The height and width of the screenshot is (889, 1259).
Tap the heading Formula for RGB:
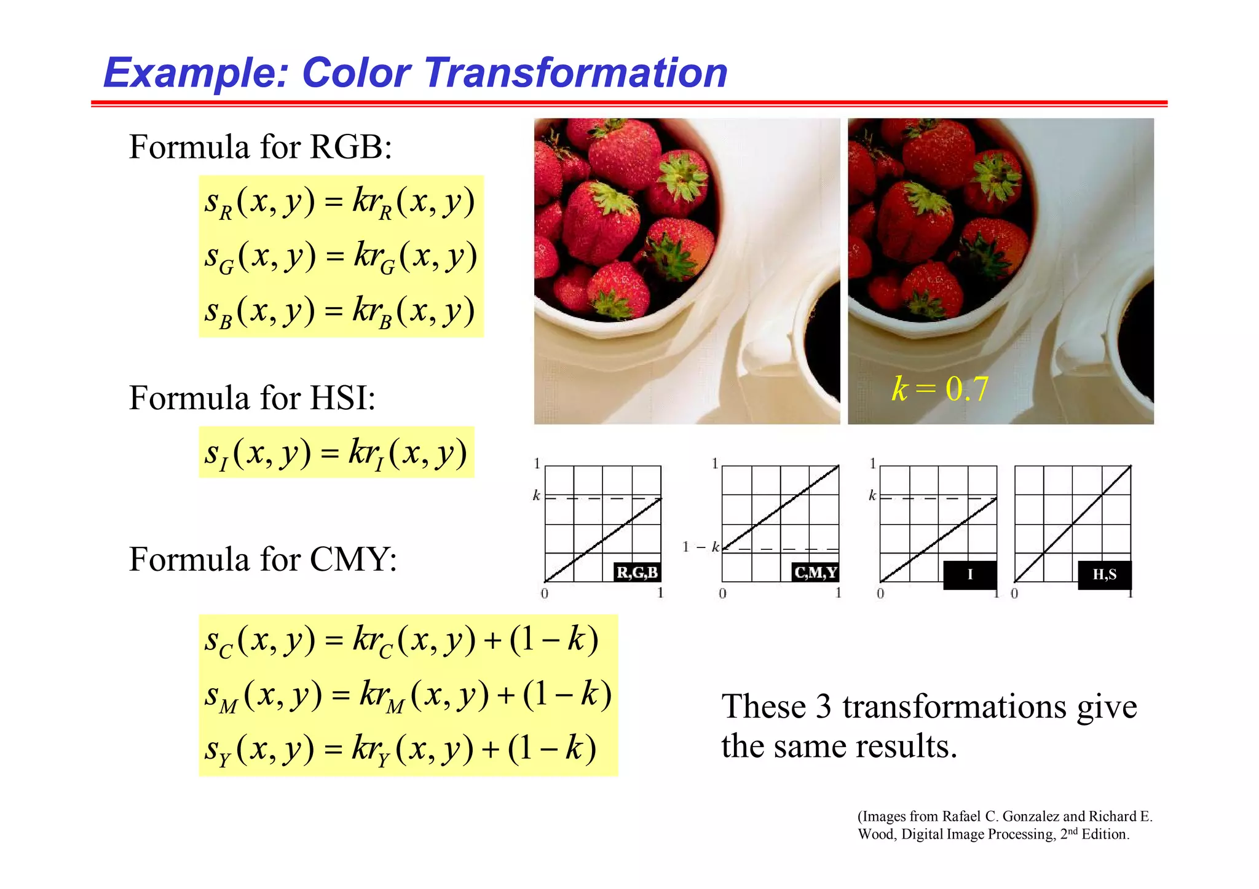click(x=260, y=147)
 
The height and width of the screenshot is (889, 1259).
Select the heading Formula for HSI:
click(x=252, y=398)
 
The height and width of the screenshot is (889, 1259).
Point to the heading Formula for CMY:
click(x=262, y=560)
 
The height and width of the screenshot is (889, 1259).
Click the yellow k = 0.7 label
click(x=940, y=389)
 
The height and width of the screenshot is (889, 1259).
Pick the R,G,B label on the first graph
click(x=637, y=573)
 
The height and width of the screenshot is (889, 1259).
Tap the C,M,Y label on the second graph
click(x=815, y=573)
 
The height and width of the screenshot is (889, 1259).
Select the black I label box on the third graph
click(x=969, y=575)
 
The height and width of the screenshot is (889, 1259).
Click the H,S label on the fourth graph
click(x=1104, y=575)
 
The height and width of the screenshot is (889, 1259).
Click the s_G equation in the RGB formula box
click(x=341, y=257)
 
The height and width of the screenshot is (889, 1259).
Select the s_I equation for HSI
click(x=336, y=453)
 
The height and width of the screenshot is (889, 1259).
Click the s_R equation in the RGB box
click(x=339, y=203)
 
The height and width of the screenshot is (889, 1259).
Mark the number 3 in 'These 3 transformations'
click(x=823, y=707)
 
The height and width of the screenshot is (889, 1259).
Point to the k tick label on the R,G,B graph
click(x=536, y=495)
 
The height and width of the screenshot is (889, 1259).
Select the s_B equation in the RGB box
click(x=339, y=311)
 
